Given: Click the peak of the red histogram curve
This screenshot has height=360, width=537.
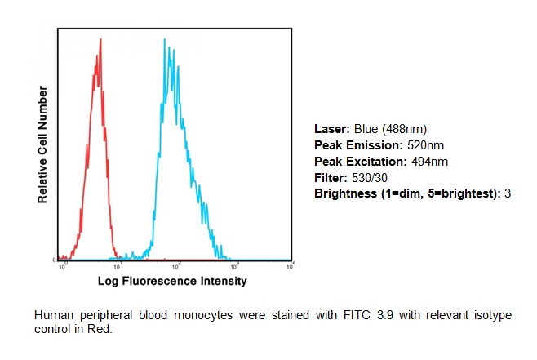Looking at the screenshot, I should pos(100,38).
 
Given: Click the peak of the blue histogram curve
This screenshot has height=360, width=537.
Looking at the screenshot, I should pos(164,38).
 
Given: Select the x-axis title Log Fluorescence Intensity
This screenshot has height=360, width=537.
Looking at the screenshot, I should pos(172,282).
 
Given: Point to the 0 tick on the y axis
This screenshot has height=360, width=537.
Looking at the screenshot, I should pos(54,260).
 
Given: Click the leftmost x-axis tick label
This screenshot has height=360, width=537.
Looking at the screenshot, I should pos(63,266).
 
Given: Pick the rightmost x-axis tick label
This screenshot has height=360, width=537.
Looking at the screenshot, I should pos(291,266).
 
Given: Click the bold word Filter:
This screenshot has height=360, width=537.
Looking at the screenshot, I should pos(331,177).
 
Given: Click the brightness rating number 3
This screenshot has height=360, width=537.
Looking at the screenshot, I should pos(507,193).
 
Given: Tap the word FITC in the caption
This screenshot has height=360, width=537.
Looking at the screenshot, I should pos(283,315).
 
